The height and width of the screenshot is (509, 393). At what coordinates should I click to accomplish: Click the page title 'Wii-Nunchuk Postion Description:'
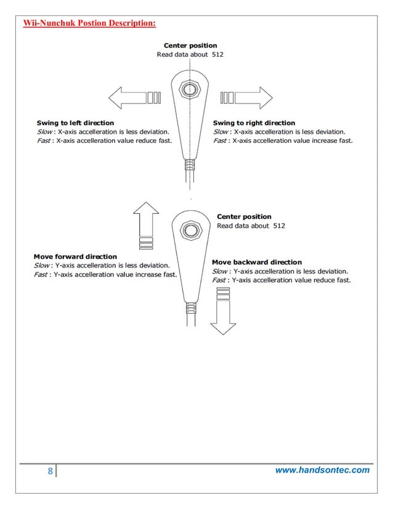pos(89,24)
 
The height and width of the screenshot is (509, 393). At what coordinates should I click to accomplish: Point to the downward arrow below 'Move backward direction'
pos(223,314)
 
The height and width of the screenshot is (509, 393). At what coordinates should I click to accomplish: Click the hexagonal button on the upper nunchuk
pos(191,89)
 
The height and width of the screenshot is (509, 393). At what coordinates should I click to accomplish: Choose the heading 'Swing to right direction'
pos(254,123)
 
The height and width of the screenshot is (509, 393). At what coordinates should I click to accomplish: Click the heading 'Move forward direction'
pos(75,256)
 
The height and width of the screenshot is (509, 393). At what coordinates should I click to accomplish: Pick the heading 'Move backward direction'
pos(257,262)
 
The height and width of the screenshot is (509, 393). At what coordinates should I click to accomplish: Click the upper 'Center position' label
pos(190,46)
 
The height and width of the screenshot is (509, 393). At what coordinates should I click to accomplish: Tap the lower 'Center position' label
pos(244,216)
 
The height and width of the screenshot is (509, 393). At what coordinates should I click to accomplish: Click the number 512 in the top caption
pos(217,55)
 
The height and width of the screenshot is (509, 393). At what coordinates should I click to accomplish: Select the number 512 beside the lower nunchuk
pos(278,226)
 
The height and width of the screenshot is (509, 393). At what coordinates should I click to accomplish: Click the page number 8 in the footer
pos(50,471)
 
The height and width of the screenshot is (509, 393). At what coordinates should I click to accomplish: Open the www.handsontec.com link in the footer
pos(322,470)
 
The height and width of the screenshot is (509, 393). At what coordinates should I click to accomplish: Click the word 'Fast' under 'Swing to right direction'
pos(220,140)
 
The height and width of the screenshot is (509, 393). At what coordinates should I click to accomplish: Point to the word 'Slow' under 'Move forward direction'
pos(42,266)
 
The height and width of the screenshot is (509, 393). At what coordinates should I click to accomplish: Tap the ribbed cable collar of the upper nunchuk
pos(191,165)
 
